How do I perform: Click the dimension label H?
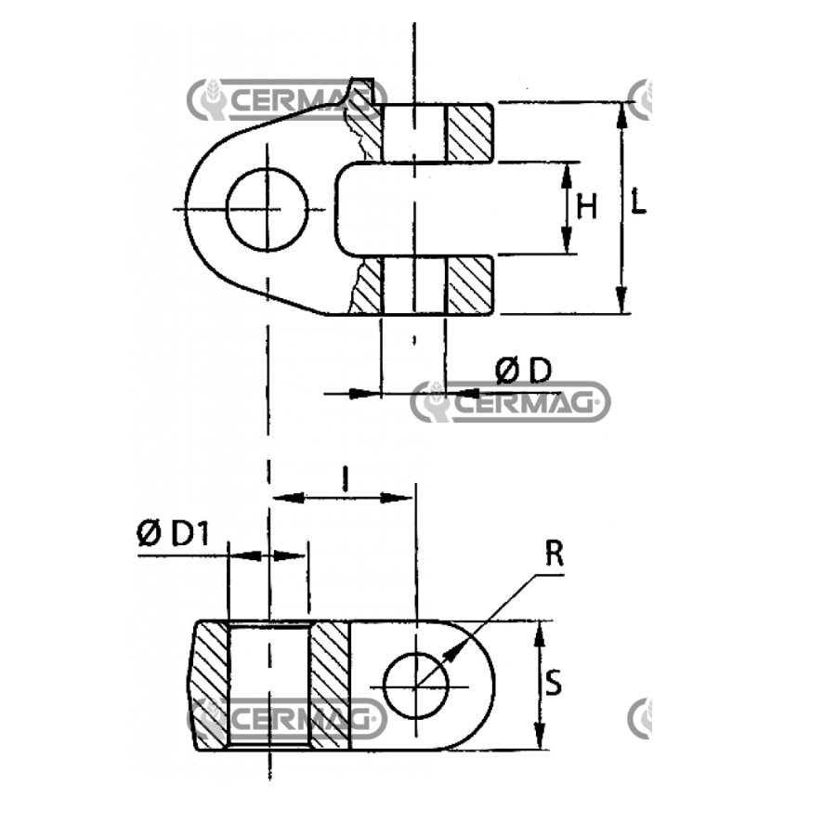tap(586, 207)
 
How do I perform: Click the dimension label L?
tap(637, 201)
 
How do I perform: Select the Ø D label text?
tap(523, 371)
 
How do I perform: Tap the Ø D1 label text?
tap(173, 534)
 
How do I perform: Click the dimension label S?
tap(554, 683)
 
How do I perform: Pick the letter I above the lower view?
tap(346, 478)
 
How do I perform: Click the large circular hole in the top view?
tap(268, 210)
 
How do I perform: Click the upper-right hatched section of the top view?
tap(469, 133)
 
